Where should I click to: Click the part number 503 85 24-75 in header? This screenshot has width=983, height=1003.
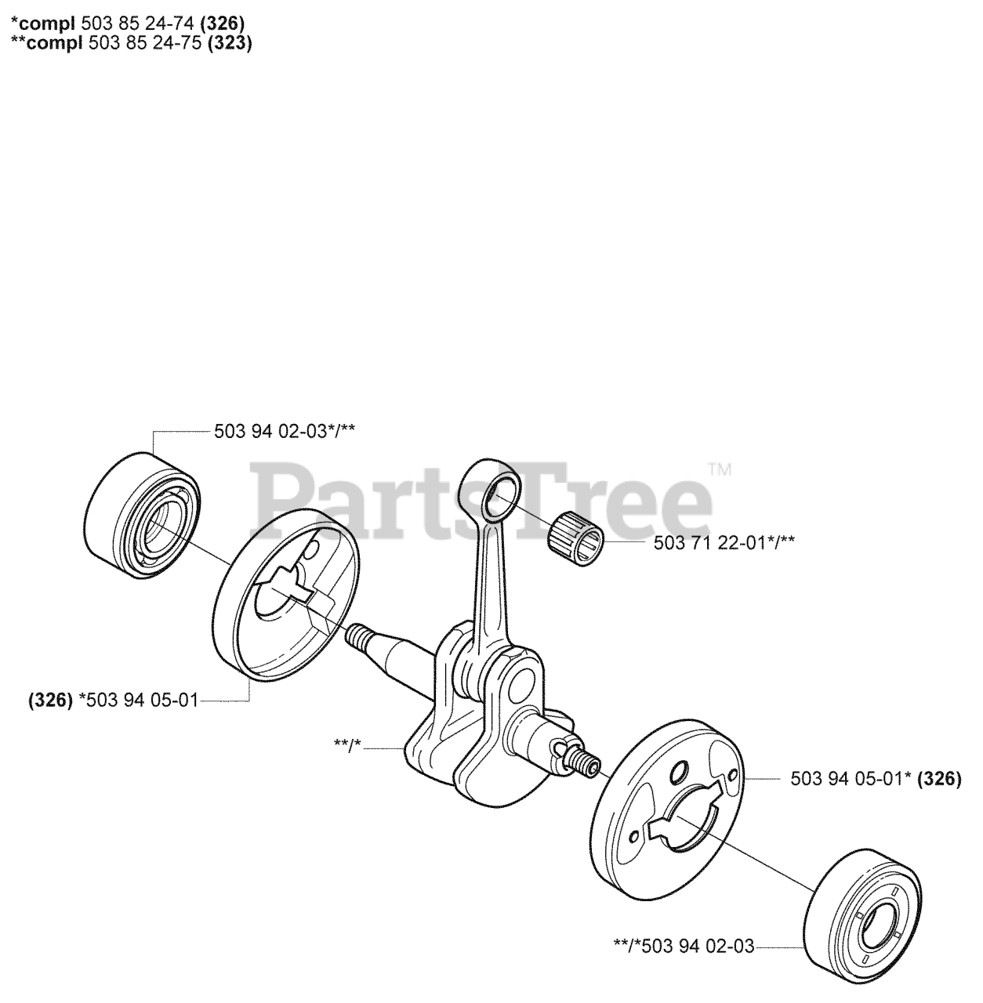145,42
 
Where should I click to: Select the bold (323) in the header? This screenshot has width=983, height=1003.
230,43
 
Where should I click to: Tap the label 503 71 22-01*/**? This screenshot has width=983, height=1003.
724,543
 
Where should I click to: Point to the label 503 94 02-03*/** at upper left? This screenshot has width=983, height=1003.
285,431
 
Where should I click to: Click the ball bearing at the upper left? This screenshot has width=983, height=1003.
142,516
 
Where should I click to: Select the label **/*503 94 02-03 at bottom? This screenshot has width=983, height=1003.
684,946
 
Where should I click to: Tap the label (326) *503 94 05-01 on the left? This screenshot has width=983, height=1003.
114,701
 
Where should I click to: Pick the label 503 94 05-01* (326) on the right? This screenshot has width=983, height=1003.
876,779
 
